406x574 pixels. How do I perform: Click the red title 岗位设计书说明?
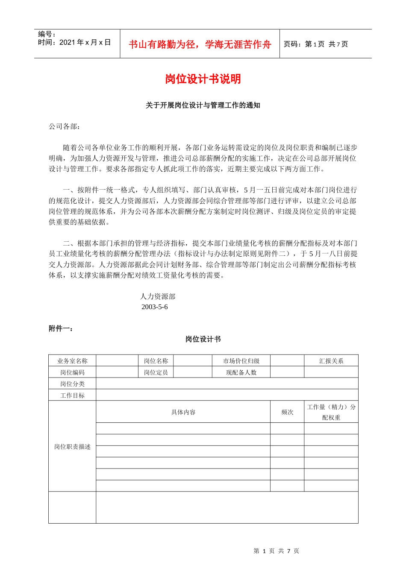203,79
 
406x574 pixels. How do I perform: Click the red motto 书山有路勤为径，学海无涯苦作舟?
200,44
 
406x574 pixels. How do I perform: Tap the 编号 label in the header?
47,34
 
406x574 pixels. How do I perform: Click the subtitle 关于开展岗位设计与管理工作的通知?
203,105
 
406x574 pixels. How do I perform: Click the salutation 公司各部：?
64,126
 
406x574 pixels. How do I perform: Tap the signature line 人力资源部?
158,296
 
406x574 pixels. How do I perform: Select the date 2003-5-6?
155,307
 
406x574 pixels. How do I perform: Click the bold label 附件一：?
61,328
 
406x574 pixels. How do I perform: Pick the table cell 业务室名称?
72,361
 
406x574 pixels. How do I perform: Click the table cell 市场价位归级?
241,361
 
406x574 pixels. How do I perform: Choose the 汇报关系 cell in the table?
331,361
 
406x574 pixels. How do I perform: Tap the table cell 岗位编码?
72,372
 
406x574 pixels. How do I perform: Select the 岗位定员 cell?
156,372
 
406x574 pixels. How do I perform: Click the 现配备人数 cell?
241,372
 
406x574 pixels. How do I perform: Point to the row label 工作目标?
72,395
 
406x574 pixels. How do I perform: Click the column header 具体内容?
183,412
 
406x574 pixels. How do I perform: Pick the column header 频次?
287,412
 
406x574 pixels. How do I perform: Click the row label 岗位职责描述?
72,447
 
